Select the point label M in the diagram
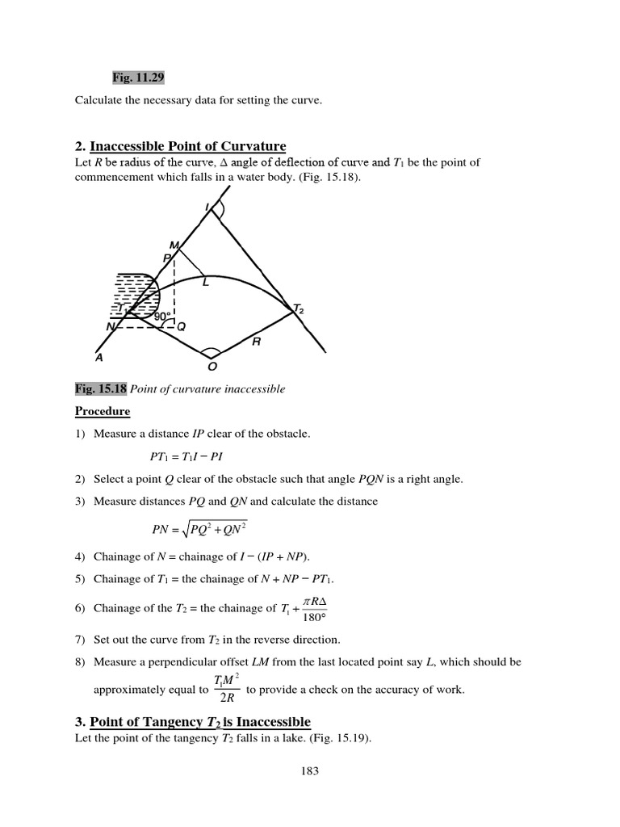[x=173, y=245]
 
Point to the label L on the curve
[x=205, y=281]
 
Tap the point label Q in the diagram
[x=181, y=327]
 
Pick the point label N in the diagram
[x=110, y=327]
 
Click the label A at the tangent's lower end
[x=98, y=356]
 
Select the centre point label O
[x=212, y=367]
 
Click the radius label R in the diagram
[x=256, y=341]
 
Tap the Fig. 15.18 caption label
[x=101, y=388]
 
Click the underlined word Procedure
[x=103, y=411]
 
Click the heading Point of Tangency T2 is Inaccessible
[x=199, y=721]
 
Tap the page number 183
[x=310, y=770]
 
